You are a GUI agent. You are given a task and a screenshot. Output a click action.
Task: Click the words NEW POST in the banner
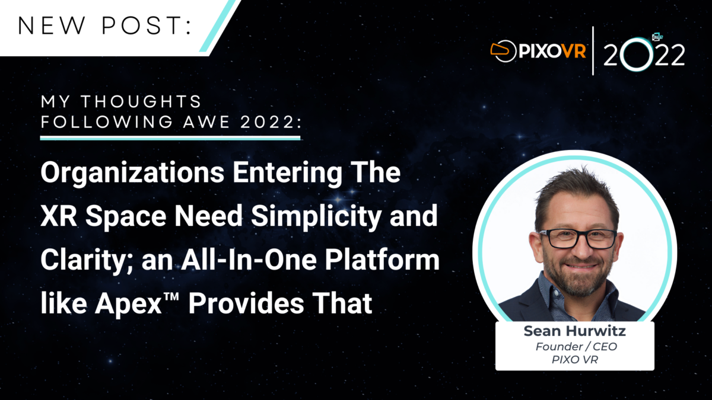click(x=105, y=25)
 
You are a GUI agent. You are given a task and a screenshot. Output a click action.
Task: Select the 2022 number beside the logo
click(x=644, y=55)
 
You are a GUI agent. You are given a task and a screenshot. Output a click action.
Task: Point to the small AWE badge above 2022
click(x=657, y=37)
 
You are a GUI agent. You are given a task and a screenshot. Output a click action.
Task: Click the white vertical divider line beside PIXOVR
click(x=593, y=51)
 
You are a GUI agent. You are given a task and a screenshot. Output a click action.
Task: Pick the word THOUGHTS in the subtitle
click(x=141, y=101)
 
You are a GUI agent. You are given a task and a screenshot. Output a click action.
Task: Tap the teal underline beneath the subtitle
click(x=170, y=138)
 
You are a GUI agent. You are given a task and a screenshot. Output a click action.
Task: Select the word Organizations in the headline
click(x=132, y=173)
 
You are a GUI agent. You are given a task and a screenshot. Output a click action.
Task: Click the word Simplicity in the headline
click(x=316, y=216)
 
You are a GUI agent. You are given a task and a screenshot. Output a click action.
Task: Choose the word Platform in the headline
click(x=382, y=260)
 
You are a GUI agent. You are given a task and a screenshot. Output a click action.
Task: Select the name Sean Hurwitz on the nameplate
click(x=575, y=331)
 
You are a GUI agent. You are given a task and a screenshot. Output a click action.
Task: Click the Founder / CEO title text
click(x=576, y=346)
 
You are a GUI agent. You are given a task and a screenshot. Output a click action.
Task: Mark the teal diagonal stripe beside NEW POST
click(x=220, y=25)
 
